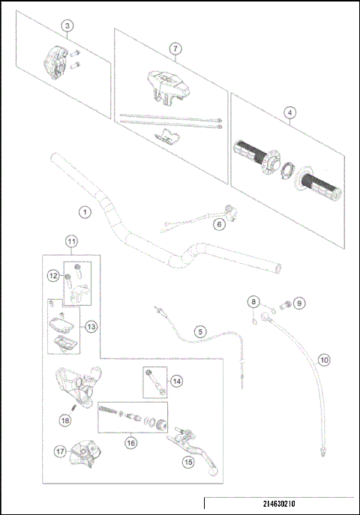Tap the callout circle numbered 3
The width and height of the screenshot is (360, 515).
coord(67,26)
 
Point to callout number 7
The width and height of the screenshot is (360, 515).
coord(174,49)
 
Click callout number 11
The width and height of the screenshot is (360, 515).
coord(70,241)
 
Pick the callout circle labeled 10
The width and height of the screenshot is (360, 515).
coord(323,358)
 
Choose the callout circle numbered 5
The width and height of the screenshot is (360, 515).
coord(199,331)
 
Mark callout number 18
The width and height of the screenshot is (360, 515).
coord(65,422)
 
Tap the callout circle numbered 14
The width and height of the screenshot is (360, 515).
coord(175,381)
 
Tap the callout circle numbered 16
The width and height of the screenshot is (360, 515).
coord(131,443)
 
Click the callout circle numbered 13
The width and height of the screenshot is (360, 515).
coord(91,326)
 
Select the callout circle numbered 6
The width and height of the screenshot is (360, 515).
coord(219,223)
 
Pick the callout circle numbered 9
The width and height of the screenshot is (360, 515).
coord(298,303)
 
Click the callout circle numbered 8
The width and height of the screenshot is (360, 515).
coord(253,303)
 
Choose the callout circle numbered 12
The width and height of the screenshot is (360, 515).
coord(54,277)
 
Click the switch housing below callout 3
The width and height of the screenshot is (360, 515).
coord(55,61)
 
